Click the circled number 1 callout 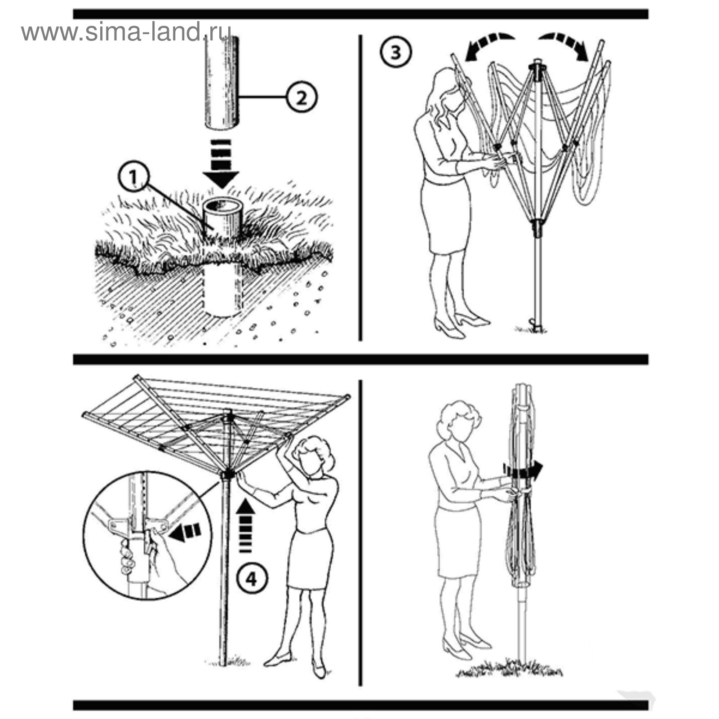tap(133, 178)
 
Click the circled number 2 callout tap(302, 97)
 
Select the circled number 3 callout tap(396, 52)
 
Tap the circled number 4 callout tap(253, 579)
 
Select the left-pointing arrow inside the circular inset tap(185, 532)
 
